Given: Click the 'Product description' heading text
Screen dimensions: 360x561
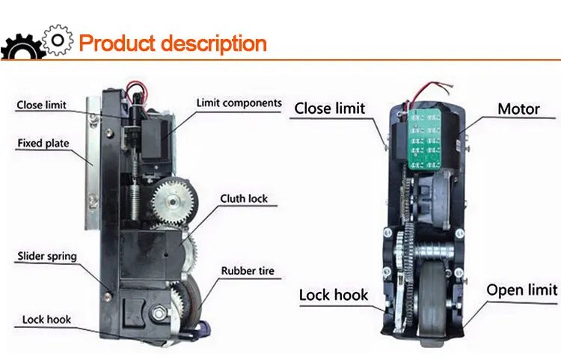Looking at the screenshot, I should [172, 43].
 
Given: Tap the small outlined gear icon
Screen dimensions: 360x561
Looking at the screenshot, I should [58, 37].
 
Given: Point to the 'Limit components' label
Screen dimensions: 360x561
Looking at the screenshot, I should [239, 103].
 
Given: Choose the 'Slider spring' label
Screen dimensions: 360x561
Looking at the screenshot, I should [46, 257].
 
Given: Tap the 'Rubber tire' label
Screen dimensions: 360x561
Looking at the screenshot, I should [245, 270].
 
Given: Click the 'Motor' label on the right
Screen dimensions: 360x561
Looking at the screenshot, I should [518, 109].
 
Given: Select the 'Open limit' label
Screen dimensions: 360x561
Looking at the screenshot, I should [521, 290].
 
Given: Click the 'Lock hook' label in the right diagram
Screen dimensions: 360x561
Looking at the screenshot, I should [334, 295].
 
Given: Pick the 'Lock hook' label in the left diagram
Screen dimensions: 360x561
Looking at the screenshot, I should [46, 320].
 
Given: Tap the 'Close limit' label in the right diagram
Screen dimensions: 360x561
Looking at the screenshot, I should [329, 109].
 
